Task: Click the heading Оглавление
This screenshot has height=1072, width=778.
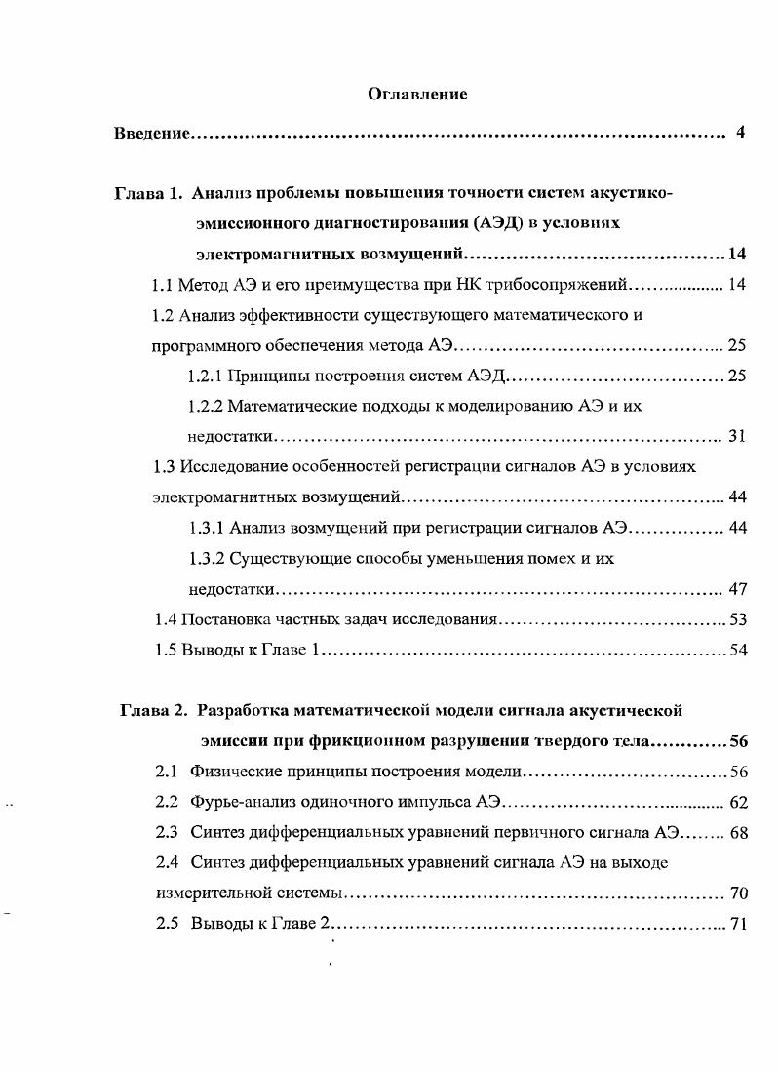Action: coord(417,95)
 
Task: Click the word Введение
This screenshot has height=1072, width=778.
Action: coord(151,132)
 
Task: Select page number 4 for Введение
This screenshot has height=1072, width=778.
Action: coord(741,132)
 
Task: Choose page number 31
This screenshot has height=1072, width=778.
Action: coord(737,436)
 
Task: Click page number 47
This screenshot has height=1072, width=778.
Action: coord(737,589)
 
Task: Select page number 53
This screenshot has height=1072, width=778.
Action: coord(738,619)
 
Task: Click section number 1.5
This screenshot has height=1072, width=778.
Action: coord(166,650)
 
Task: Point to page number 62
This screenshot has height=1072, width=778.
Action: coord(738,803)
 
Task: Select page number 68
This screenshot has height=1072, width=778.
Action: coord(738,833)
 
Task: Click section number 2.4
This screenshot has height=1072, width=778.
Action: coord(168,862)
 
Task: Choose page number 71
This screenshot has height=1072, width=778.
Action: coord(738,923)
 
